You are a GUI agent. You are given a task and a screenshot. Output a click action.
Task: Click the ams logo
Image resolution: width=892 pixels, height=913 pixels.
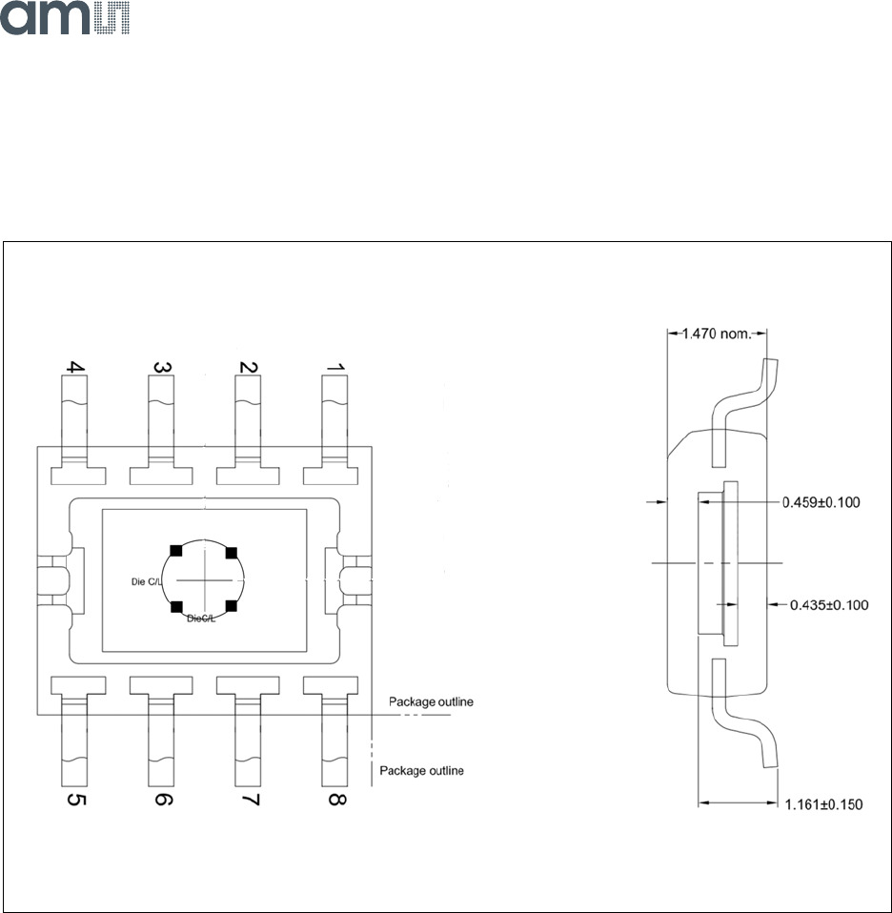coord(66,19)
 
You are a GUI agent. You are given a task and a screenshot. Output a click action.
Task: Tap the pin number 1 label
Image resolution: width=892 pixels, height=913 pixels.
coord(334,367)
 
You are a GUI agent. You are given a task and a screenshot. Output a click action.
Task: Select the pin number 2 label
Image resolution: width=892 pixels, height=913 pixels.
coord(248,367)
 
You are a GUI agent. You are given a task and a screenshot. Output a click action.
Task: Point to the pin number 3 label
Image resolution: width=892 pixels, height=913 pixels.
coord(162,367)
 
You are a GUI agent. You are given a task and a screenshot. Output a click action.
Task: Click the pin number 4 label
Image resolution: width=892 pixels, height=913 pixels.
coord(75,367)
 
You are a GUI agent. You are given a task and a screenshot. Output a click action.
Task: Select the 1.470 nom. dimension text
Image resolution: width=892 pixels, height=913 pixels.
coord(716,334)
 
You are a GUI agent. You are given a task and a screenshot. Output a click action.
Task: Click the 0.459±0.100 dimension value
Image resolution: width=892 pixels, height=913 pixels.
coord(821,501)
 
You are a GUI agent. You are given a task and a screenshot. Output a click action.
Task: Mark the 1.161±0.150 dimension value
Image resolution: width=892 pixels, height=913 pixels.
coord(823,804)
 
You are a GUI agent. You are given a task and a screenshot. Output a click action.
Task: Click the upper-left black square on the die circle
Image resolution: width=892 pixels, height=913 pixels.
coord(175,550)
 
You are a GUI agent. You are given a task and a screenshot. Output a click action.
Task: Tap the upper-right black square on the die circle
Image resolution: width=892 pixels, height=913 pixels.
coord(231,553)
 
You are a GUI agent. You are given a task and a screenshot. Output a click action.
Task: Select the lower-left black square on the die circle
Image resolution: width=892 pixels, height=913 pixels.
coord(175,606)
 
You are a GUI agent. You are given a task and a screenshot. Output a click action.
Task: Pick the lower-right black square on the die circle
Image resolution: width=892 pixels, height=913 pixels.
coord(231,606)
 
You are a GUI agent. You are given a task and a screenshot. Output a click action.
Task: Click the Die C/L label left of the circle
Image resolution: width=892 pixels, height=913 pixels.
coord(145,580)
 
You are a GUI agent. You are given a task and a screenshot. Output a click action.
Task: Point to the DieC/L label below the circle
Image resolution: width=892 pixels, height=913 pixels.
coord(201,619)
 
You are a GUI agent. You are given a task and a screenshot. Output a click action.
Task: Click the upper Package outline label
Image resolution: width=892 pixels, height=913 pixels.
coord(431,702)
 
